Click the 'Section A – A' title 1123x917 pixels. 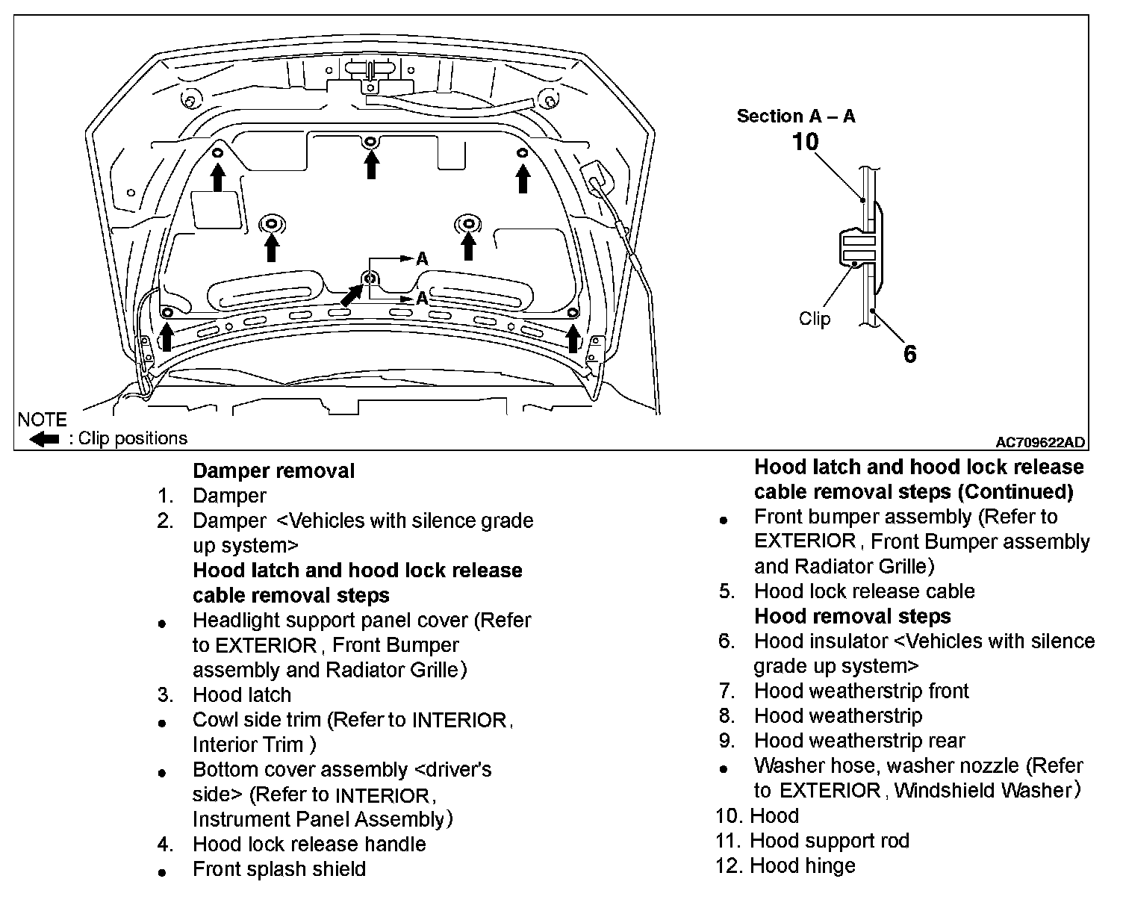pos(795,116)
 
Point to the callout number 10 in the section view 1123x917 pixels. pos(805,141)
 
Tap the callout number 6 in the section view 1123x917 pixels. pos(909,354)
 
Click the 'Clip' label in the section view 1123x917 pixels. pos(814,319)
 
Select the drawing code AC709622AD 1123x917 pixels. pos(1039,442)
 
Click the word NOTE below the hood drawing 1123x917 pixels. pos(42,420)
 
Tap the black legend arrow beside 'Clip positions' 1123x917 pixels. pos(44,439)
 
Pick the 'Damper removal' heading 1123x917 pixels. pos(273,471)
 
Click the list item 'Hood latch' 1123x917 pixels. pos(241,694)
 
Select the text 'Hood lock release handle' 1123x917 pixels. pos(309,844)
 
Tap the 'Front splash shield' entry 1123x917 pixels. pos(279,869)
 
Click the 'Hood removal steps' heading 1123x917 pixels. pos(853,616)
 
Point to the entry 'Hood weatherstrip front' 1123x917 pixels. pos(861,691)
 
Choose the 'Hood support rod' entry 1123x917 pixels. pos(829,841)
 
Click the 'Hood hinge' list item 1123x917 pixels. pos(802,865)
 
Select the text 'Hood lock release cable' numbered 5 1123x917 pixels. pos(864,591)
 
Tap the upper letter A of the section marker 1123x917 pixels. pos(422,259)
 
